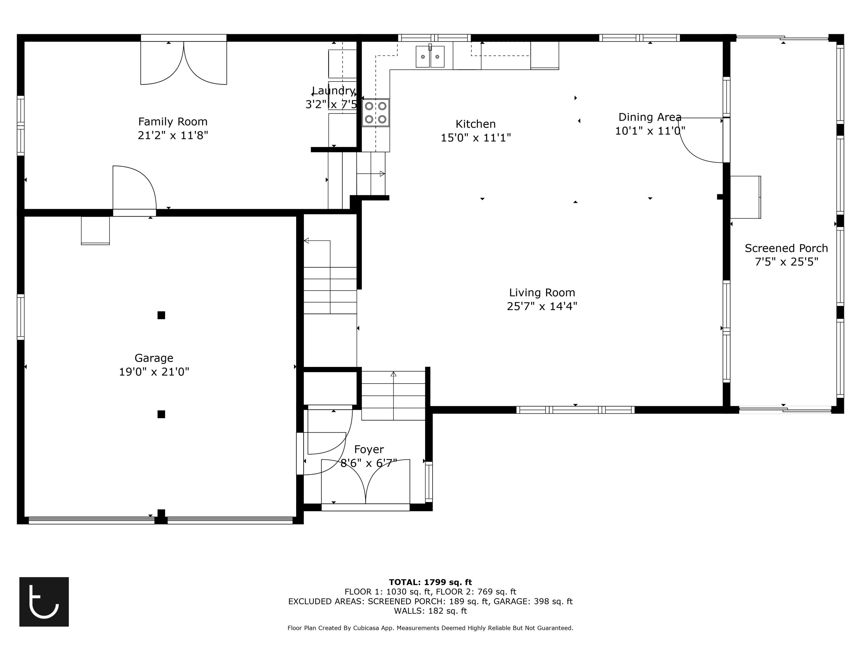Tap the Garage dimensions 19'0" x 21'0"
pos(154,372)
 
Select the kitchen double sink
pos(430,57)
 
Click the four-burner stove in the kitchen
pos(376,113)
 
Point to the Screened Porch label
pos(786,248)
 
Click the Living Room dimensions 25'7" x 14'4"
pos(542,306)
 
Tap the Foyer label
pos(369,449)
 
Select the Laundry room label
pos(333,91)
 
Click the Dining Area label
pos(650,117)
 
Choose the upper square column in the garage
pos(161,315)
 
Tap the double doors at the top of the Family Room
pos(183,62)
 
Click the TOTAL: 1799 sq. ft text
pos(430,582)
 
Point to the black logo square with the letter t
pos(44,601)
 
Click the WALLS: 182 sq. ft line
pos(430,611)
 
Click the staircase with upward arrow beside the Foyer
pos(393,395)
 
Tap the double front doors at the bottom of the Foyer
pos(366,483)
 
